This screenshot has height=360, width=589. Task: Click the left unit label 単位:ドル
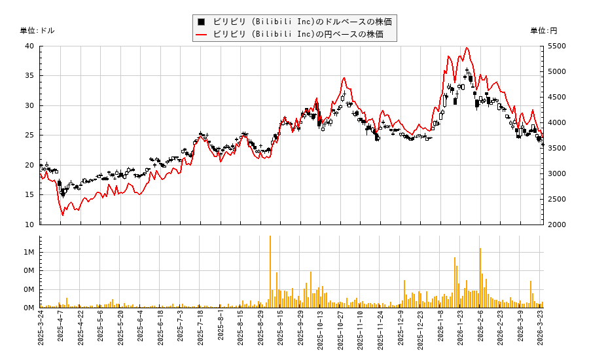click(37, 30)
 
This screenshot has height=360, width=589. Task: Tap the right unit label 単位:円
click(543, 30)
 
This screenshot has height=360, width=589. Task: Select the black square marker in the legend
click(202, 22)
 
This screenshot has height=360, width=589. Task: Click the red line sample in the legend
click(202, 34)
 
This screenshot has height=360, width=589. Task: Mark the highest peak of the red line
click(467, 47)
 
